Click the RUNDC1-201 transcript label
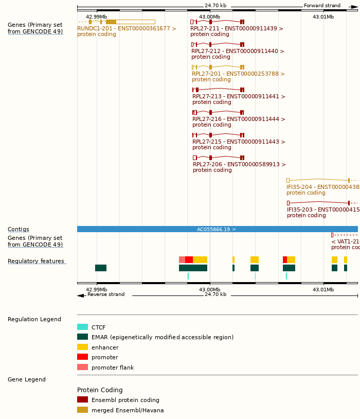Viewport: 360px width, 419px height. tap(127, 29)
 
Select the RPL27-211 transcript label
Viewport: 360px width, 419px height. tap(237, 29)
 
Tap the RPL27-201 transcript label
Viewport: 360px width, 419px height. tap(238, 74)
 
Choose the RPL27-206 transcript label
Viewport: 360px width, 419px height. tap(239, 165)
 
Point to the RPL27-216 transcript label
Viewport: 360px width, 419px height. tap(239, 119)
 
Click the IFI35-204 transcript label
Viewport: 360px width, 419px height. tap(323, 187)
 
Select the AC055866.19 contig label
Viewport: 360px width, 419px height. tap(216, 229)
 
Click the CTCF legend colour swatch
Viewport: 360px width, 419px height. tap(82, 327)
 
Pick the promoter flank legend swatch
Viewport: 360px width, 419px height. tap(82, 367)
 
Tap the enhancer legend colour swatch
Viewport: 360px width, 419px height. tap(82, 347)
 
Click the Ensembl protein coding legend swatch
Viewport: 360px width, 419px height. tap(82, 399)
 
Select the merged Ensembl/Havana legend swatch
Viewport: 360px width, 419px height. tap(82, 410)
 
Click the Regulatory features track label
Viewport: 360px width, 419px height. tap(36, 261)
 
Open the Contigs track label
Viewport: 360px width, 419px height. tap(19, 230)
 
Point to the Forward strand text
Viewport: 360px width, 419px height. tap(322, 6)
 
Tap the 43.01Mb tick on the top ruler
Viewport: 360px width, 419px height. tap(323, 17)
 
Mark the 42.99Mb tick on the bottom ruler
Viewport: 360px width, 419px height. tap(97, 289)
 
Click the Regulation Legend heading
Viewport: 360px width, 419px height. tap(34, 320)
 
